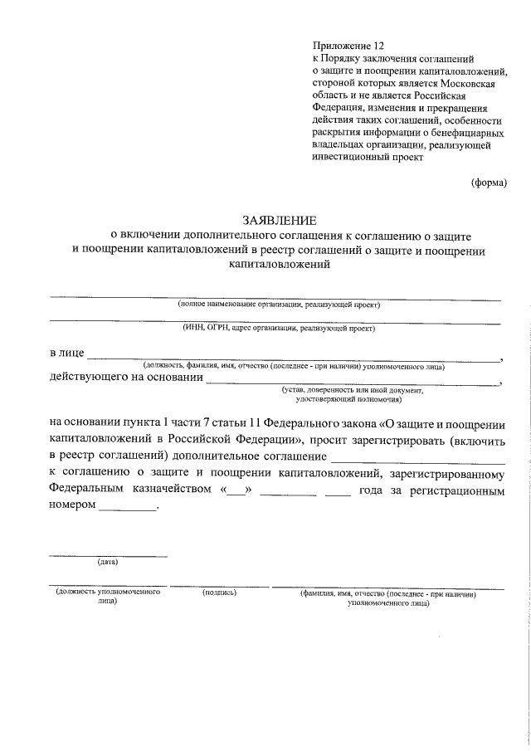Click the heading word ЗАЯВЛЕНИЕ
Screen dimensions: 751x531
279,221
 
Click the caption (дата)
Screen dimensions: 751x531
108,562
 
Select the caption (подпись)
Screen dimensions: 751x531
220,593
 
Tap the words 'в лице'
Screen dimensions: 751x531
66,354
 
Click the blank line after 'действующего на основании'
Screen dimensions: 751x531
353,383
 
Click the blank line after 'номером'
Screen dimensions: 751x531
126,510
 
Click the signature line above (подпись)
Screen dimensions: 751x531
220,587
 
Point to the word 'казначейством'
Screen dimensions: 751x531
172,490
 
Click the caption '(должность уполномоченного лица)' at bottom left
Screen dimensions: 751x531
107,597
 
